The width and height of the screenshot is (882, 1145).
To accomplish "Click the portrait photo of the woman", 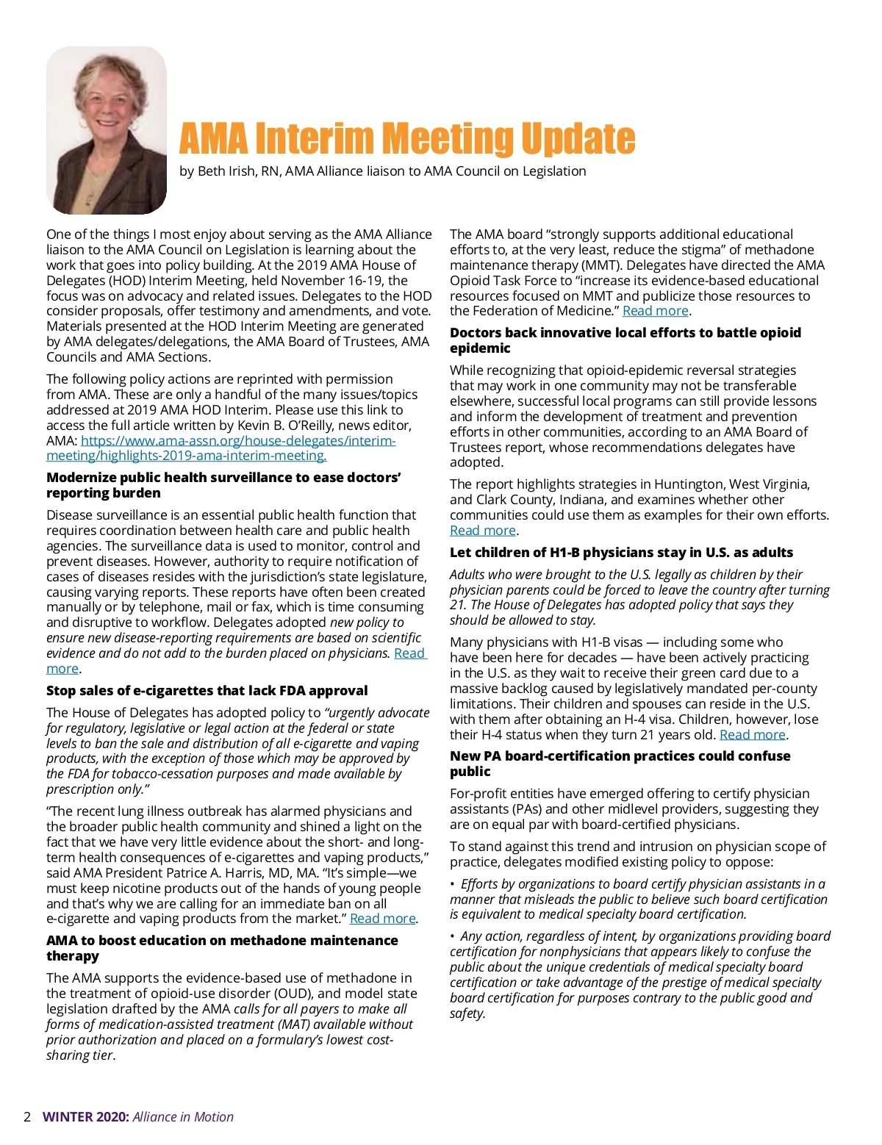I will [x=107, y=130].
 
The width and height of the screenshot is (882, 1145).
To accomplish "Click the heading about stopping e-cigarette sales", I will [x=207, y=691].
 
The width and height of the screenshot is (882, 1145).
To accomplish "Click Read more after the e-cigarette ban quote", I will [x=382, y=919].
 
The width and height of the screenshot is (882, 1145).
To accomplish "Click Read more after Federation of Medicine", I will [x=655, y=311].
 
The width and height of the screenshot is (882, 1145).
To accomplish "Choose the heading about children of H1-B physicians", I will [x=621, y=553].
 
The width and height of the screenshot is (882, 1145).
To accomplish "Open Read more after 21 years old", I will [x=752, y=735].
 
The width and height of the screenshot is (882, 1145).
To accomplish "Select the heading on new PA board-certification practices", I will [x=620, y=764].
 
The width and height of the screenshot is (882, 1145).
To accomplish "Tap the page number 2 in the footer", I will [x=27, y=1117].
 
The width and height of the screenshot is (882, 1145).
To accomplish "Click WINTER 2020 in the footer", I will [x=85, y=1117].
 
